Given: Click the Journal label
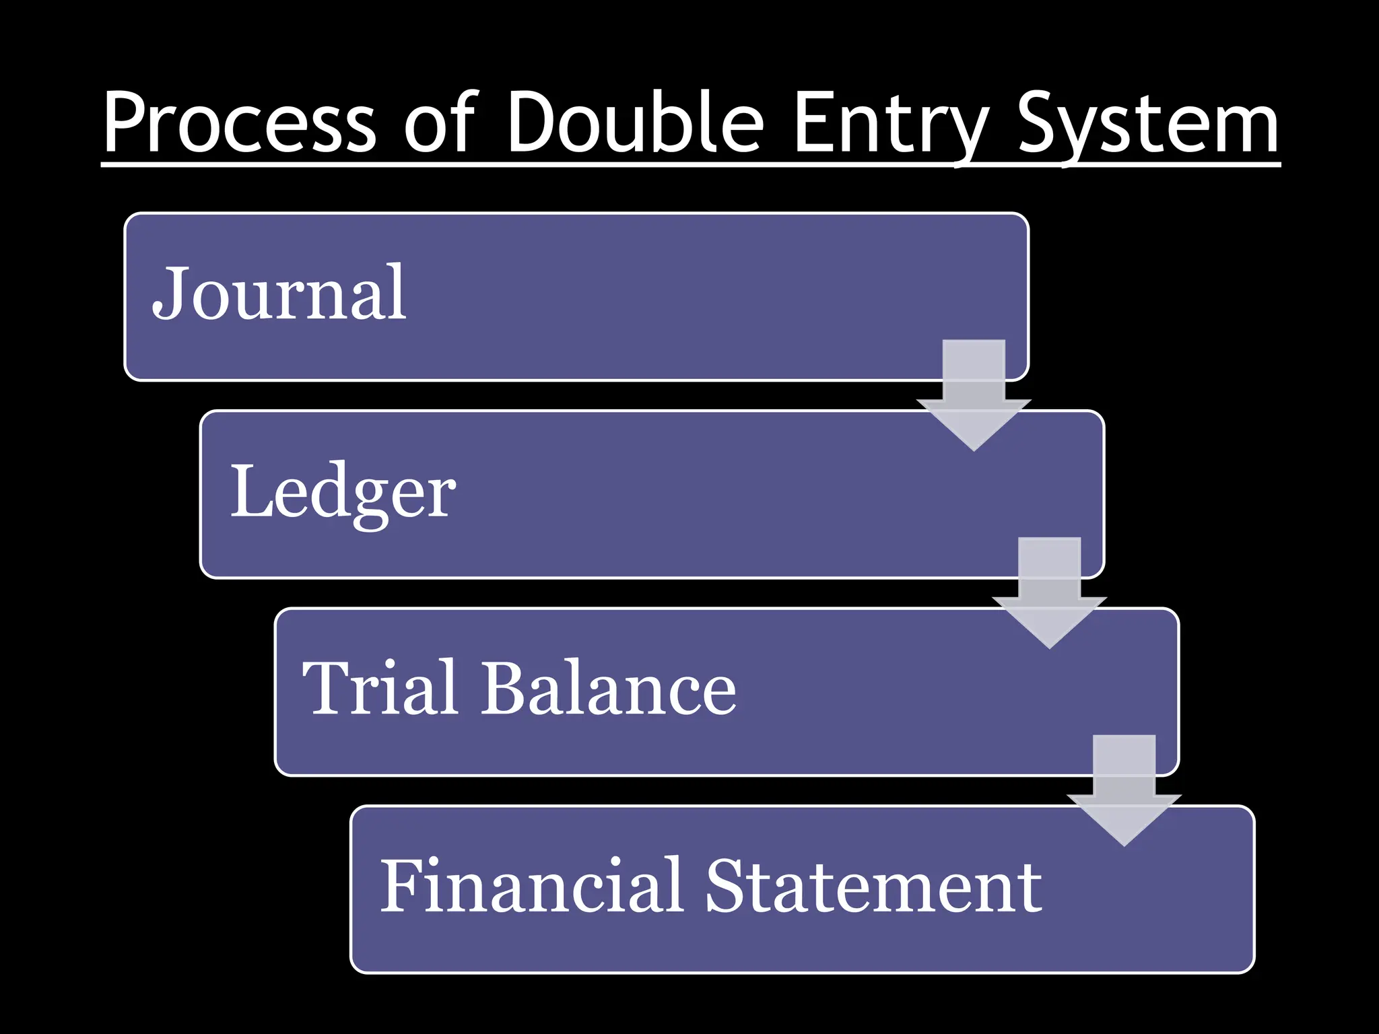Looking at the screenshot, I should pos(279,293).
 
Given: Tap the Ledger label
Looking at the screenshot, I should pos(343,491).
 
